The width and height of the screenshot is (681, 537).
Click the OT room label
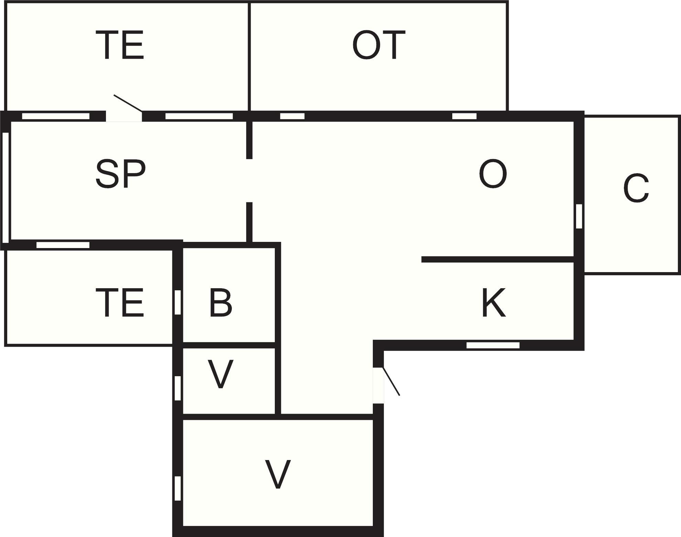[379, 45]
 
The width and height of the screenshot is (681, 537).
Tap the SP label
[120, 174]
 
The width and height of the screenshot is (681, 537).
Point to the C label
[636, 189]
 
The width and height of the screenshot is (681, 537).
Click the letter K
[494, 302]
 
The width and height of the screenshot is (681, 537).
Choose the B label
[221, 302]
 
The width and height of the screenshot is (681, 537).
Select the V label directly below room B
[221, 374]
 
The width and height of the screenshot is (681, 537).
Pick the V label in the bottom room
[278, 474]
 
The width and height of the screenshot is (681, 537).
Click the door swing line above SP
[128, 103]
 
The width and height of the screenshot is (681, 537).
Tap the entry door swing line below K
[391, 381]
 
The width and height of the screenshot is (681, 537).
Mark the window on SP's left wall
[6, 188]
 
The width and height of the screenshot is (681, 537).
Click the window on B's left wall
[177, 302]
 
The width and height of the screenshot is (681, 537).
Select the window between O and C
[579, 216]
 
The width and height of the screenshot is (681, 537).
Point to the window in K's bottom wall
[493, 345]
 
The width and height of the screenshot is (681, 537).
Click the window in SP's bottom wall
[63, 245]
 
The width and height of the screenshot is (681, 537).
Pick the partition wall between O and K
[498, 259]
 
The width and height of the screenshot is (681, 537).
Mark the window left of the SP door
[56, 116]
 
